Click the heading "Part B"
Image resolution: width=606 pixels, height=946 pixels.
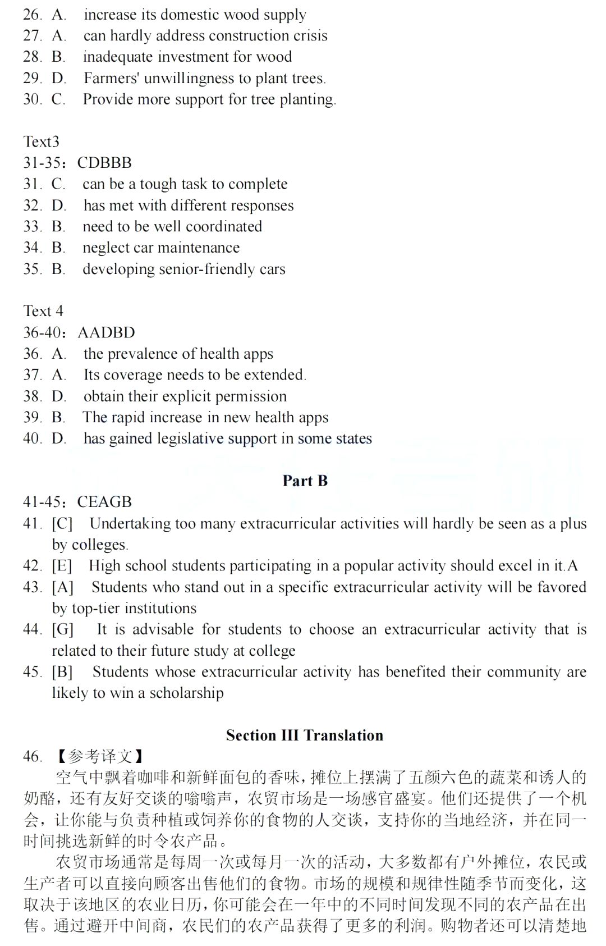(x=305, y=481)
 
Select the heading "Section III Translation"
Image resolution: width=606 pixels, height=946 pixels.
(x=305, y=735)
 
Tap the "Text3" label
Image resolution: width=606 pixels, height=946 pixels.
(x=41, y=141)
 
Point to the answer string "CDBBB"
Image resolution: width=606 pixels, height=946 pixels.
(x=104, y=163)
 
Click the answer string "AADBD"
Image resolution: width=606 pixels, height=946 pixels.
(x=106, y=332)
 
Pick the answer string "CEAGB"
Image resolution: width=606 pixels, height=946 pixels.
(x=104, y=502)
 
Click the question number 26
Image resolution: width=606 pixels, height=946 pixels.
(x=32, y=15)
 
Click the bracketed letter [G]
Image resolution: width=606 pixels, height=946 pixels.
(x=63, y=629)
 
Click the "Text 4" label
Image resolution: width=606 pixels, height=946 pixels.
(x=43, y=311)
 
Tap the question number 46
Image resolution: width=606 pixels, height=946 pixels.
(x=32, y=756)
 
